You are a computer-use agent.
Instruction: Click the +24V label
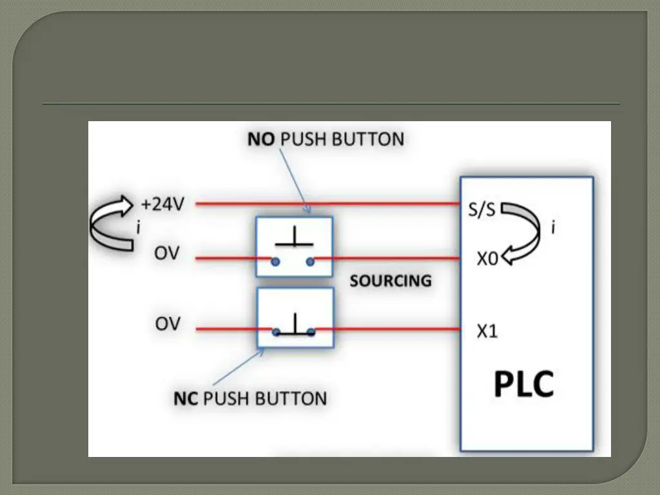pyautogui.click(x=162, y=204)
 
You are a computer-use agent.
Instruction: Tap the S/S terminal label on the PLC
pyautogui.click(x=482, y=210)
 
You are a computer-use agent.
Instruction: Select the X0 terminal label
pyautogui.click(x=487, y=259)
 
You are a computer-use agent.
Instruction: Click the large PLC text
pyautogui.click(x=524, y=385)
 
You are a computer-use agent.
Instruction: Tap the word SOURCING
pyautogui.click(x=390, y=281)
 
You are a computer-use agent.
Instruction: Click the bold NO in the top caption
pyautogui.click(x=262, y=139)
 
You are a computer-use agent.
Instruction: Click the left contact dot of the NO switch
pyautogui.click(x=275, y=261)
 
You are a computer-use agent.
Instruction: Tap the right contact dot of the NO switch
pyautogui.click(x=311, y=261)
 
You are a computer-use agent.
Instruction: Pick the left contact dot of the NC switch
pyautogui.click(x=275, y=333)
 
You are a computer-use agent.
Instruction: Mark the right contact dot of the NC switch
pyautogui.click(x=311, y=333)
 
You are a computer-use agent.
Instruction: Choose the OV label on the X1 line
pyautogui.click(x=167, y=324)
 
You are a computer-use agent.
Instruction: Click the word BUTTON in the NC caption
pyautogui.click(x=291, y=398)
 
